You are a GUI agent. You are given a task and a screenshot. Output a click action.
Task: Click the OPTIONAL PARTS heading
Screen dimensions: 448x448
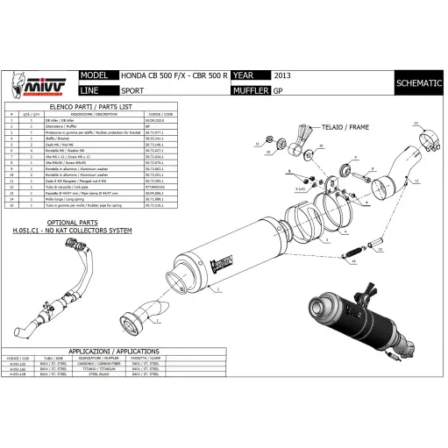click(53, 223)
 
